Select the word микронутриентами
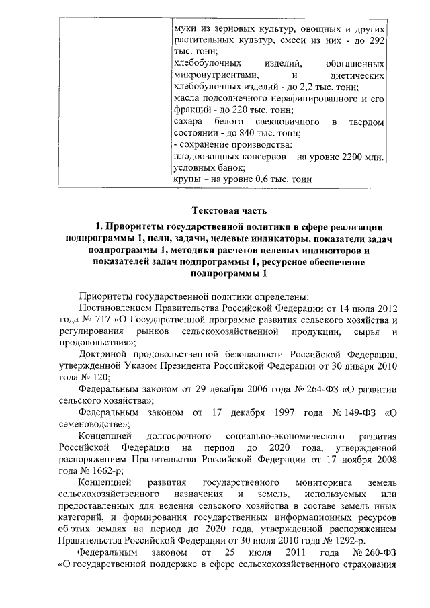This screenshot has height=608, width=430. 212,75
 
